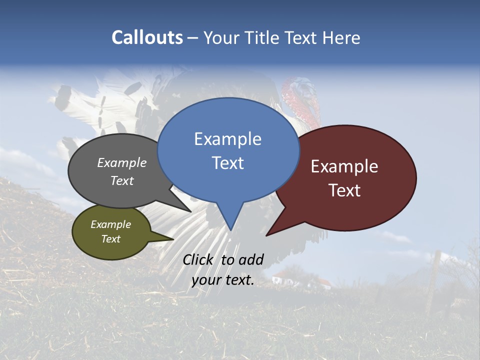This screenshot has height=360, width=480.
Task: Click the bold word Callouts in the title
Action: (147, 37)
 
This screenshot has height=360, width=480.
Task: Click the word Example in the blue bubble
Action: (227, 139)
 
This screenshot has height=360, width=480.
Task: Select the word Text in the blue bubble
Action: (227, 163)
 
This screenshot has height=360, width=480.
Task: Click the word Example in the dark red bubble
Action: (344, 166)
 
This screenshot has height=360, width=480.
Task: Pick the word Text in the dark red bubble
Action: (344, 190)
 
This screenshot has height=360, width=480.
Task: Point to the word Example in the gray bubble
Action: (122, 163)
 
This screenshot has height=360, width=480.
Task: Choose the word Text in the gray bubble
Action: (122, 180)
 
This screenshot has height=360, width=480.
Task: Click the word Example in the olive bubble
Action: (110, 224)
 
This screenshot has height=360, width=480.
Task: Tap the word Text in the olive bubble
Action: (110, 239)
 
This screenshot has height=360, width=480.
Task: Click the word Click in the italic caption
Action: (199, 259)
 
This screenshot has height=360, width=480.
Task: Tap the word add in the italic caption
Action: (250, 259)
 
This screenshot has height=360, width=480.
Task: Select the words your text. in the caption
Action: (223, 280)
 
